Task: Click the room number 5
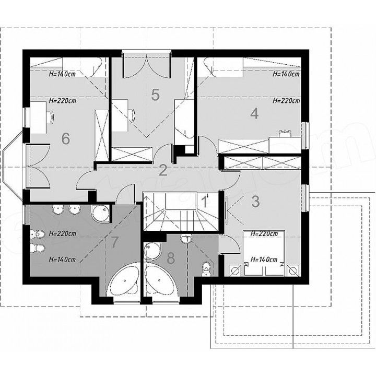coord(156,95)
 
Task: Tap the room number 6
coord(65,138)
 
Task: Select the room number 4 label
coord(254,113)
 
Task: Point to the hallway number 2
coord(163,170)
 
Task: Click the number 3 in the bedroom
coord(255,202)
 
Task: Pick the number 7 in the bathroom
coord(114,242)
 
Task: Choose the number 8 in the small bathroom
coord(170,258)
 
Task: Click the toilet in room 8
coord(206,268)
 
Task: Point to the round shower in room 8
coord(152,251)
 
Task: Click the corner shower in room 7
coord(102,214)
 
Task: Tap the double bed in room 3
coord(264,253)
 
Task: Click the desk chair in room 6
coord(51,117)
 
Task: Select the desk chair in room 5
coord(132,114)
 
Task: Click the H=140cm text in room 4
coord(286,74)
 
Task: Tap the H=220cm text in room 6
coord(62,101)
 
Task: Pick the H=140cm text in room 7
coord(62,260)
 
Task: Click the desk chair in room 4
coord(285,133)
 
